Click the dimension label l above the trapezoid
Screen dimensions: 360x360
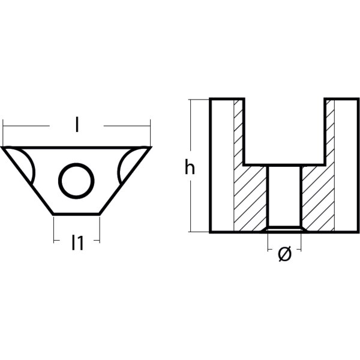click(x=77, y=125)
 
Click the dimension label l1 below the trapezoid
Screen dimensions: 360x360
click(x=77, y=243)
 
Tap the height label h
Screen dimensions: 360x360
click(x=190, y=169)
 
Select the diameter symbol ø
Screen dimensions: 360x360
click(x=285, y=255)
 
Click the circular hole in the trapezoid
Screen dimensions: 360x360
click(x=76, y=179)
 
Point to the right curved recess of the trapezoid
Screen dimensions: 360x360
click(x=127, y=165)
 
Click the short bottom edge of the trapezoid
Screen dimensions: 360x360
click(x=77, y=213)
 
